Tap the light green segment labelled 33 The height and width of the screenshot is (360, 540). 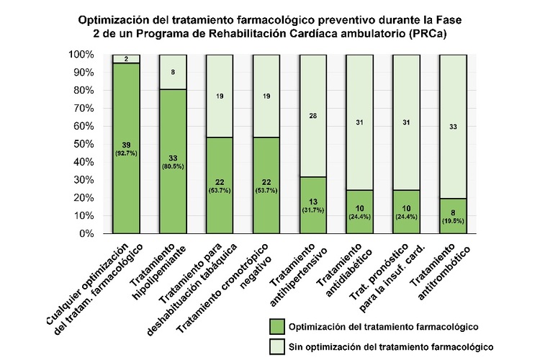click(453, 127)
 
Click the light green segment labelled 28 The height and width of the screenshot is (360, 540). click(312, 116)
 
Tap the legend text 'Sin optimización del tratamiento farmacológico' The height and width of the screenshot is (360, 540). click(390, 346)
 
